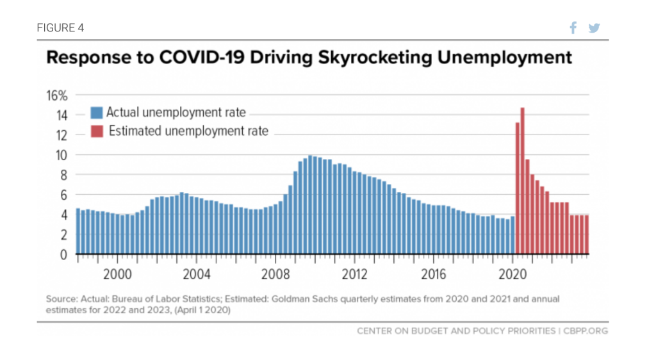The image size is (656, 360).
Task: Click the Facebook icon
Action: click(573, 28)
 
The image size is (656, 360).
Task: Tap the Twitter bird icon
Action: click(594, 28)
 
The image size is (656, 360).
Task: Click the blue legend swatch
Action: click(97, 113)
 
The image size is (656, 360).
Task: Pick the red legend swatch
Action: click(97, 132)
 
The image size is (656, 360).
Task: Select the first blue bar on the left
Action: click(78, 231)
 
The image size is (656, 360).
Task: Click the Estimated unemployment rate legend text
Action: click(188, 132)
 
